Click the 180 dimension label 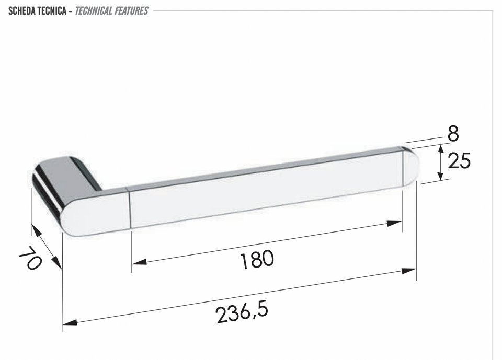(257, 260)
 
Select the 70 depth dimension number (30, 258)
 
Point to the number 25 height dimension (459, 160)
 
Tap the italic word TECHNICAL (94, 11)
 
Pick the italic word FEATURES (131, 11)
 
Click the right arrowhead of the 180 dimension (394, 223)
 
